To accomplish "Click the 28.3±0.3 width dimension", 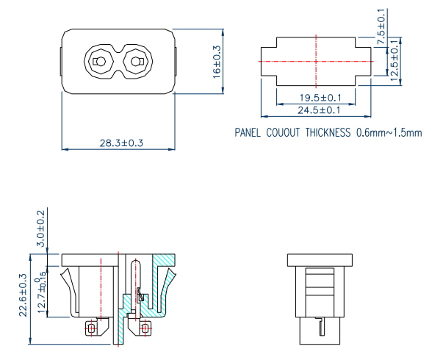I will (117, 143).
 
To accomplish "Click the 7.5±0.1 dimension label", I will (381, 26).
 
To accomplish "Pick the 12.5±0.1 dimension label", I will (395, 61).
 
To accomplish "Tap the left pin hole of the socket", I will (98, 60).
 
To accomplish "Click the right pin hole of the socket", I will (136, 60).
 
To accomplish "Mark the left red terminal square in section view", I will (91, 328).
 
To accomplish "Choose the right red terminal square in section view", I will (147, 328).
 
